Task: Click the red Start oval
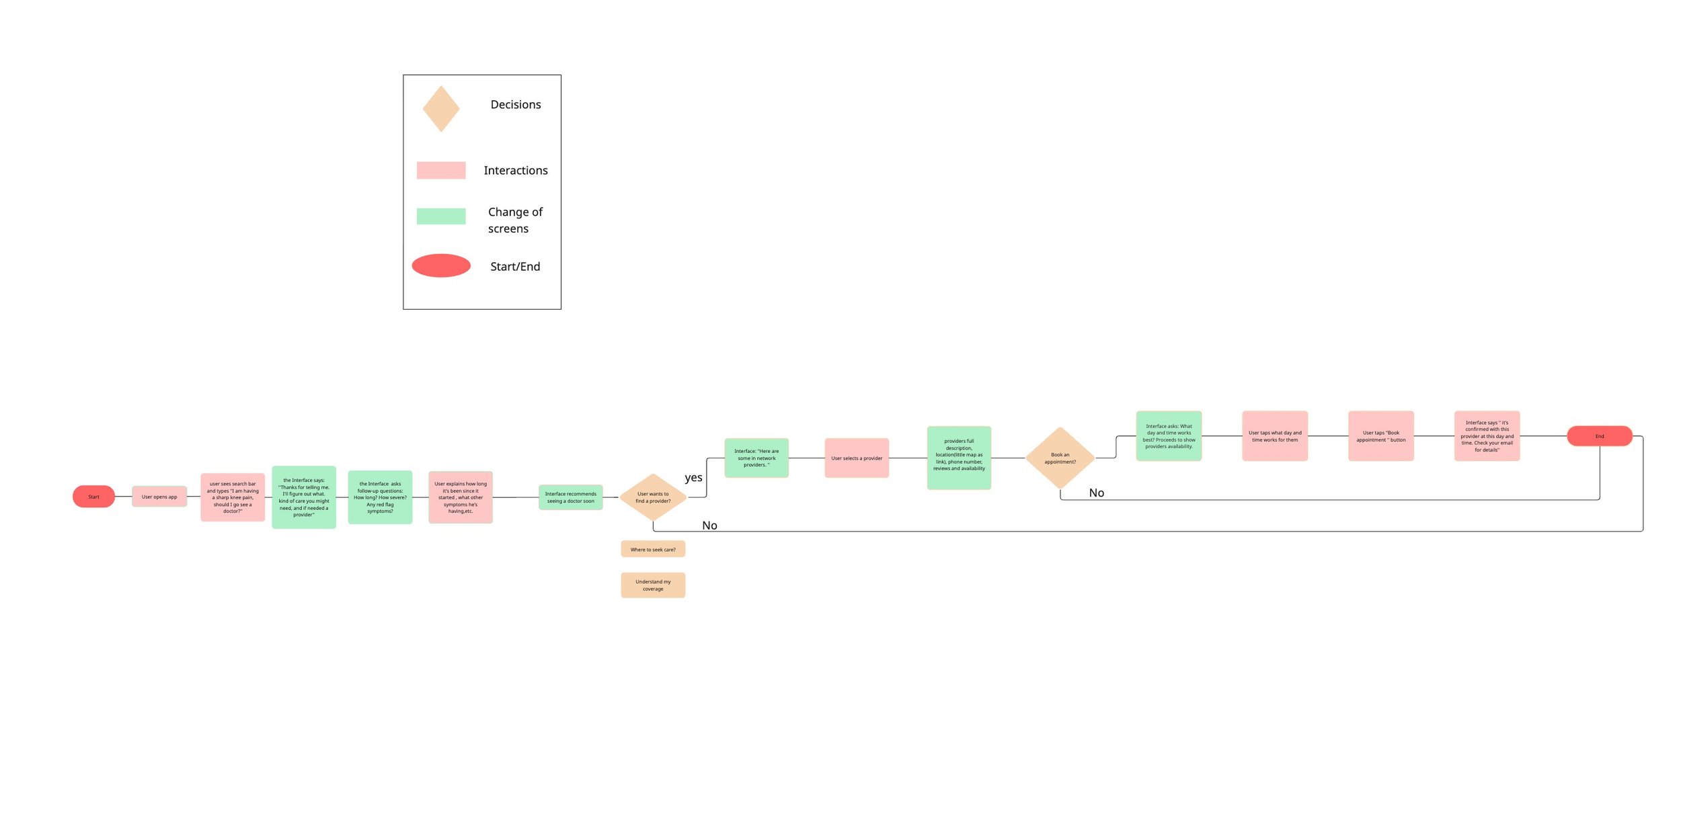point(93,497)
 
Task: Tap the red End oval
point(1599,436)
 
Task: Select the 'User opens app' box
point(159,497)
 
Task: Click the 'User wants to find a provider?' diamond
point(652,497)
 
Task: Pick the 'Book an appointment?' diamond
point(1060,458)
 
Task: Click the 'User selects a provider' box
point(857,458)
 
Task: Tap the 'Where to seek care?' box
point(653,549)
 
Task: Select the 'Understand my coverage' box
point(653,585)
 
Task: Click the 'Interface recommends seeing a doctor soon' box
point(570,497)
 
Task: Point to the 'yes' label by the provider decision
point(693,478)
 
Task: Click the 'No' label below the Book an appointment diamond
point(1096,493)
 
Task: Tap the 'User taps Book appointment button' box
point(1380,436)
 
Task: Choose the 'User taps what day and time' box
point(1274,436)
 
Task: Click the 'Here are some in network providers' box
point(756,458)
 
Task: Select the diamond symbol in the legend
point(441,109)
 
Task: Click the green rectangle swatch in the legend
point(441,216)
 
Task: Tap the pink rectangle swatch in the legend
point(441,170)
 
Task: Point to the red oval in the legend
point(441,265)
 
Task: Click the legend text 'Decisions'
point(516,105)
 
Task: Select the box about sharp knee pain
point(233,497)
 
